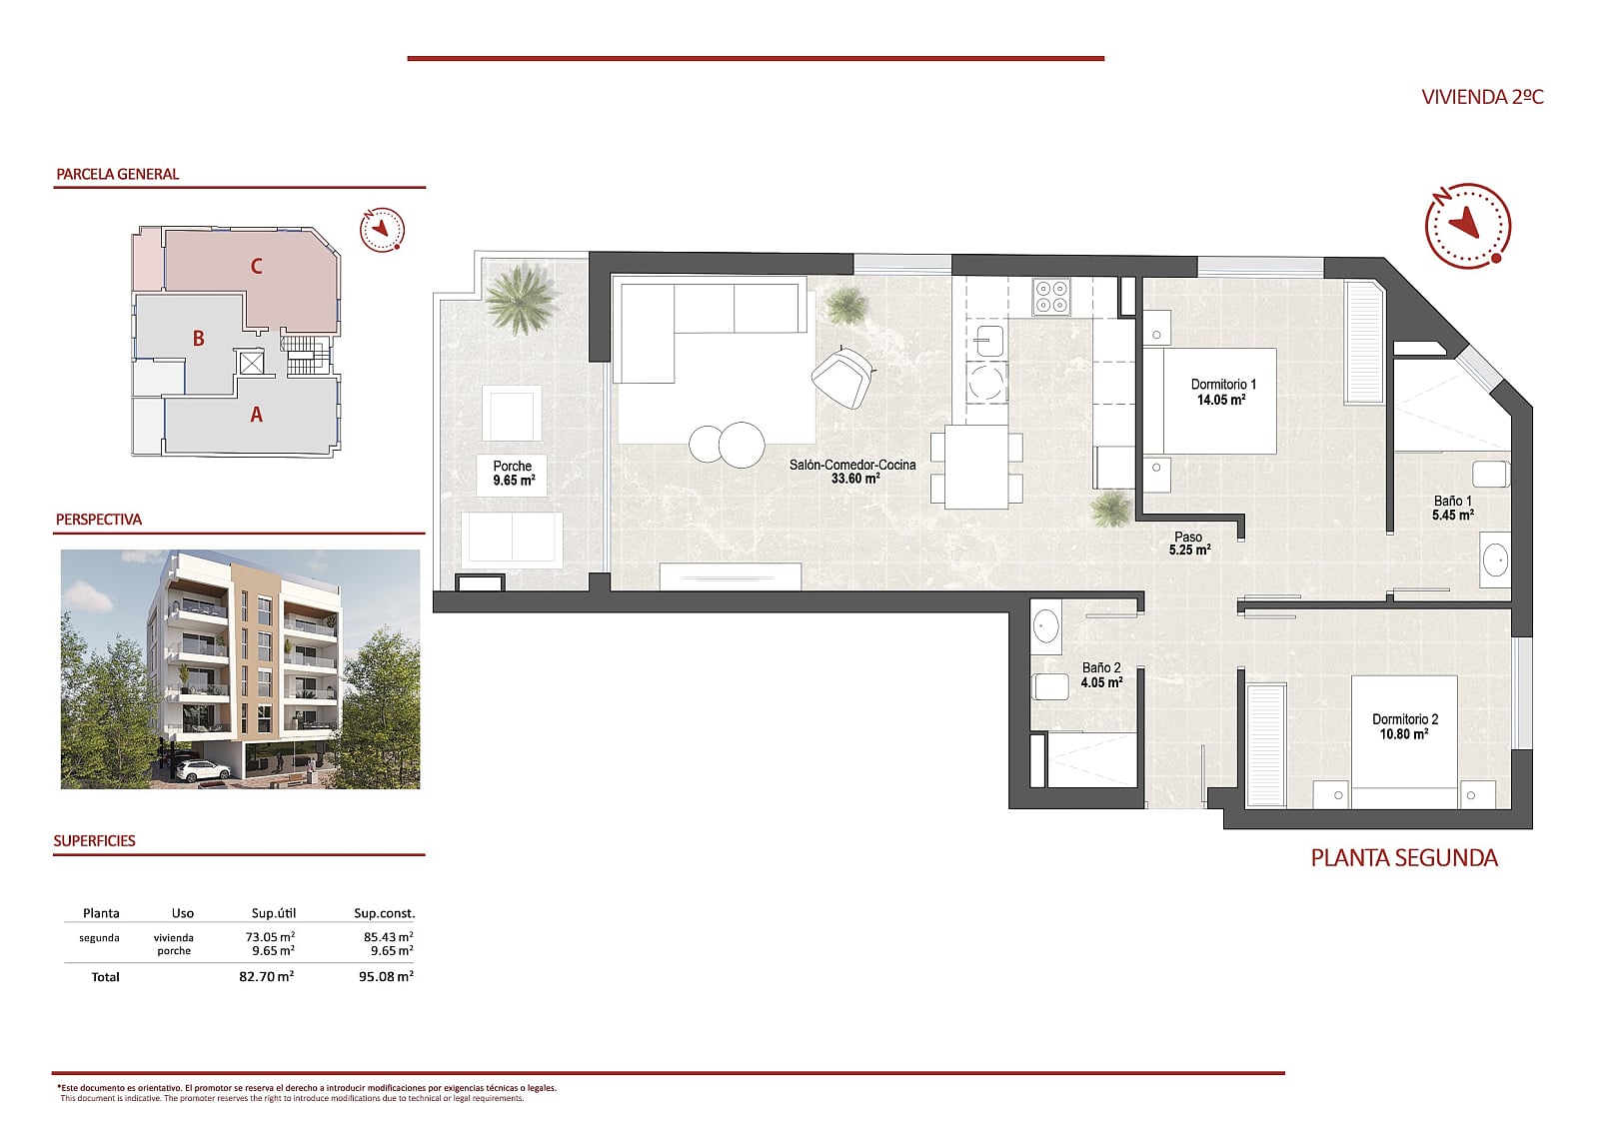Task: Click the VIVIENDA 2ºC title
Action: [1482, 97]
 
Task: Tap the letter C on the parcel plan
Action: [256, 266]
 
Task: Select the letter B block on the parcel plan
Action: [198, 339]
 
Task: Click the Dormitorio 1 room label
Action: [1222, 385]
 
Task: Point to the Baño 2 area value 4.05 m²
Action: [1101, 683]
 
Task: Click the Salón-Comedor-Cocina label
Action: [851, 465]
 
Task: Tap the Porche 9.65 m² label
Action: [513, 473]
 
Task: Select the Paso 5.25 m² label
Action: [1188, 544]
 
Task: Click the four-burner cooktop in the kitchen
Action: [1051, 297]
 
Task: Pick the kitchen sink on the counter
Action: [989, 341]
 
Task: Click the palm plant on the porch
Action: [521, 297]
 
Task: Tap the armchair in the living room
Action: [843, 377]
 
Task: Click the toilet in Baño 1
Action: [1489, 473]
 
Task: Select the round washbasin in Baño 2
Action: [1045, 627]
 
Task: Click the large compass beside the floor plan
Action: [1467, 225]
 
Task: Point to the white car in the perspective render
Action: [202, 770]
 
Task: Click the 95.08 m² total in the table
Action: [385, 976]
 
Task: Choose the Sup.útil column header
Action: [273, 913]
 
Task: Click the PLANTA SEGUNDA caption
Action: [1403, 857]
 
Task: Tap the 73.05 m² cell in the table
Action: [270, 937]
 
